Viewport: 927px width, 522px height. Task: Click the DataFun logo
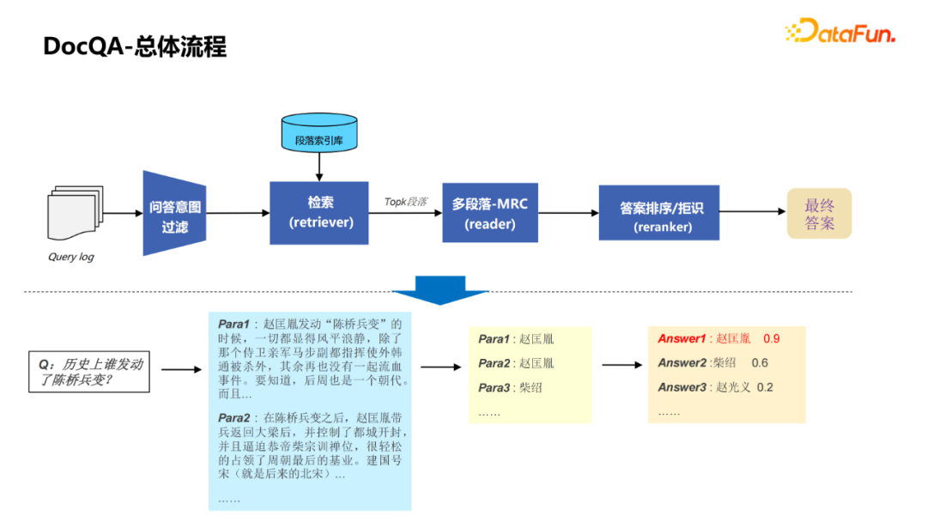coord(840,32)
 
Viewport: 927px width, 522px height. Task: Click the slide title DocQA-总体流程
coord(135,46)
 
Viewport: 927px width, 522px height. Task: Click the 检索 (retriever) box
coord(319,212)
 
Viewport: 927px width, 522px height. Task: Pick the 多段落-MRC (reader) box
coord(490,213)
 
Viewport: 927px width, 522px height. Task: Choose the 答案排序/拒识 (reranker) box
coord(658,213)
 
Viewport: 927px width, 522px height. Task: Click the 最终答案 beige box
coord(819,214)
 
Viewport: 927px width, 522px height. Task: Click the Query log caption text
coord(70,257)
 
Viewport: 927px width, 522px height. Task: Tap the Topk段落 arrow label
coord(405,202)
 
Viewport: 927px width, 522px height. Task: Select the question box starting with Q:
coord(89,372)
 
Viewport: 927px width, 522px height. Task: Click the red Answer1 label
coord(682,339)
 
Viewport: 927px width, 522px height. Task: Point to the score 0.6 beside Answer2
coord(760,363)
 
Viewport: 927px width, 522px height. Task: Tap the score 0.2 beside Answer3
coord(764,387)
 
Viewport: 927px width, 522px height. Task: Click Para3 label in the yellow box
coord(494,388)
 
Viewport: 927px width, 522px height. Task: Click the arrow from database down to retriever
coord(319,165)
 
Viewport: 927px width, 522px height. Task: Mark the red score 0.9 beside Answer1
coord(772,339)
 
